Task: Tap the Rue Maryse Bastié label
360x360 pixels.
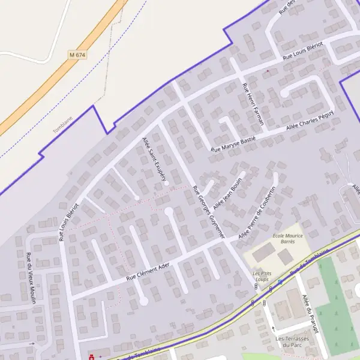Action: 233,144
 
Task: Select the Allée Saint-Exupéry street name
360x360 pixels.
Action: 154,158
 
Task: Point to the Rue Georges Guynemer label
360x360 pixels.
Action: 208,212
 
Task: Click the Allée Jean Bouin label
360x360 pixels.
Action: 227,192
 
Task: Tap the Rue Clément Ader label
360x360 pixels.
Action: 149,272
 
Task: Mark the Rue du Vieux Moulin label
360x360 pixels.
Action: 30,278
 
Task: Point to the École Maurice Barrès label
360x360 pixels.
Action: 287,239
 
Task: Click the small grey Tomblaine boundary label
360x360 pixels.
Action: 62,125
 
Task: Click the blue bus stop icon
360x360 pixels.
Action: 280,281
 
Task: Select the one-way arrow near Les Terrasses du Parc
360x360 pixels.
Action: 274,328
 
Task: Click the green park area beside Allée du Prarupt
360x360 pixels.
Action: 336,306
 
